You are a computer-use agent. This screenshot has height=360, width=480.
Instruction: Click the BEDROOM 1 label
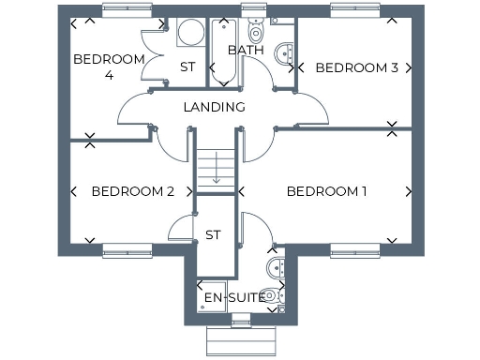pos(326,191)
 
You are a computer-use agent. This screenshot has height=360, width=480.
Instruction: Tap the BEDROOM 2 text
pos(132,191)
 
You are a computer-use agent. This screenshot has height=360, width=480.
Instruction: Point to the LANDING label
pos(214,107)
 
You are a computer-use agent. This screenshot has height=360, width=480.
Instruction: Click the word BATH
pos(246,50)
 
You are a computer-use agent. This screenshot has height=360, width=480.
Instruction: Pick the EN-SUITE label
pos(234,299)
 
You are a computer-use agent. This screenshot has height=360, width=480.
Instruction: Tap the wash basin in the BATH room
pos(284,55)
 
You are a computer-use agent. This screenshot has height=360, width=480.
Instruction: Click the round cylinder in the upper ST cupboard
pos(189,32)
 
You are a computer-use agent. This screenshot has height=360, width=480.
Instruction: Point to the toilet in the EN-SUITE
pos(270,295)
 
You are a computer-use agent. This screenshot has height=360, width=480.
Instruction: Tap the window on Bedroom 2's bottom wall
pos(127,250)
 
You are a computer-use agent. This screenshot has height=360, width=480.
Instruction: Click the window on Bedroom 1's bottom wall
pos(355,250)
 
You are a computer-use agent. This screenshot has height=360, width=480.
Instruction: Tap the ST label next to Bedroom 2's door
pos(213,234)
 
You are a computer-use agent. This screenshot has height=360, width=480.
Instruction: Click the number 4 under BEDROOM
pos(109,75)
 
